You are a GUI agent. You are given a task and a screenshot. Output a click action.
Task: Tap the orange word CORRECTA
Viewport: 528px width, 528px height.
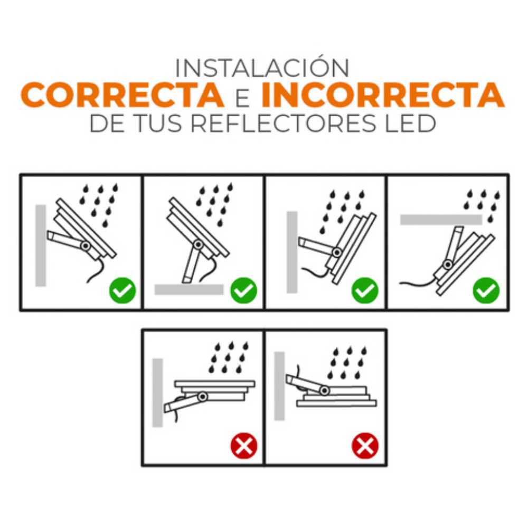tap(123, 95)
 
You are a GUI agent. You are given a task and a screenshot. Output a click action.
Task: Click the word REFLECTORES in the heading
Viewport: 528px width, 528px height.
tap(283, 123)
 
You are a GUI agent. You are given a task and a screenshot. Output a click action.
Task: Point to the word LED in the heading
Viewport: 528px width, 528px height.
tap(410, 123)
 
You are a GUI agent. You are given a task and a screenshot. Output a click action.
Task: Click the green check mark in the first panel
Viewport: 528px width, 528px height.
tap(122, 290)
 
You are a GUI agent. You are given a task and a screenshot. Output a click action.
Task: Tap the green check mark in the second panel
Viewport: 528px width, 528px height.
tap(244, 290)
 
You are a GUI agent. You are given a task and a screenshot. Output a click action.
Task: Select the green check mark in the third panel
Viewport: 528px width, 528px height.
tap(365, 290)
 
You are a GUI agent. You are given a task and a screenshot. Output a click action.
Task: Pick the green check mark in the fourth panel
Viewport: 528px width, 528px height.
tap(486, 290)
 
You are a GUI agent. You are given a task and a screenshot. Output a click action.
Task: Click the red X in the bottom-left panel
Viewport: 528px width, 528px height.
tap(244, 446)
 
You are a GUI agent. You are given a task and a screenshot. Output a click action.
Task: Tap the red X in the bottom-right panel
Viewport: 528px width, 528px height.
tap(365, 446)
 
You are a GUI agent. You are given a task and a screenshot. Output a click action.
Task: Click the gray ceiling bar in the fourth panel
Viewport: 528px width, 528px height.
tap(441, 220)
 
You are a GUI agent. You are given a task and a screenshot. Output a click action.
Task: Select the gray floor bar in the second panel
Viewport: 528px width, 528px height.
tap(189, 289)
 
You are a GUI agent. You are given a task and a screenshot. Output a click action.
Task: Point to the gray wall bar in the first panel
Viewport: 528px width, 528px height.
tap(41, 246)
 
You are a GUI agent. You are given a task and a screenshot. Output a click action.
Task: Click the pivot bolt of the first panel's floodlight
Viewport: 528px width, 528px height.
tap(86, 246)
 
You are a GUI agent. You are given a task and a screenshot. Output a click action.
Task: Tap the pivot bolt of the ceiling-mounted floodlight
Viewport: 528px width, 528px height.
tap(448, 265)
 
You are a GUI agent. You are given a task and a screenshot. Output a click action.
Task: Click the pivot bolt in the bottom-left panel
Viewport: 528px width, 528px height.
tap(203, 397)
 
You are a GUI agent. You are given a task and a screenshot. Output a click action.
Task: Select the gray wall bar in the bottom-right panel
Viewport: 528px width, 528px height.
tap(279, 386)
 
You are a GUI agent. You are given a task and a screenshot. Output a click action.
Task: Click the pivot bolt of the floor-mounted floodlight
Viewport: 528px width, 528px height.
tap(198, 244)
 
